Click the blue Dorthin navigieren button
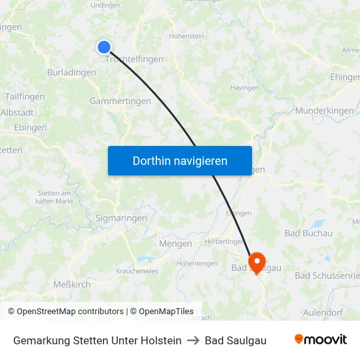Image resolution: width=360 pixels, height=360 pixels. pos(180,161)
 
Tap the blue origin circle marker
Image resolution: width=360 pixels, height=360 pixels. pos(104,46)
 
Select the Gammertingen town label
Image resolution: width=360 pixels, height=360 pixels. pos(120,101)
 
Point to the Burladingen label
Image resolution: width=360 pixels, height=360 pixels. pos(71,73)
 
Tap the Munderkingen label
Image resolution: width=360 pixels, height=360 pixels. pos(324,111)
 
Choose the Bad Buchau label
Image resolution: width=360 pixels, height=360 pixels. pos(309,233)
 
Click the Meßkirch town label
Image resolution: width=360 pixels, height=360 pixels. pos(72,284)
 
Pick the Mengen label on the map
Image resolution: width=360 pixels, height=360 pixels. pos(175,243)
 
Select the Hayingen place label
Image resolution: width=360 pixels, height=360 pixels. pos(245,87)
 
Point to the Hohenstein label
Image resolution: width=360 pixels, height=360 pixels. pos(187,37)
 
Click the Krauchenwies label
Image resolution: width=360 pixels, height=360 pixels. pos(137,271)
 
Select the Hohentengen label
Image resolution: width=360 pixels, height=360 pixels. pos(197,263)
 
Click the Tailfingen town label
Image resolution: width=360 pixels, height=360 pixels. pos(25,96)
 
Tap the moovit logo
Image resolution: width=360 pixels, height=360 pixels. pos(321,340)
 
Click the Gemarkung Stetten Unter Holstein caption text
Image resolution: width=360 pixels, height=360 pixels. pos(98,340)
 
